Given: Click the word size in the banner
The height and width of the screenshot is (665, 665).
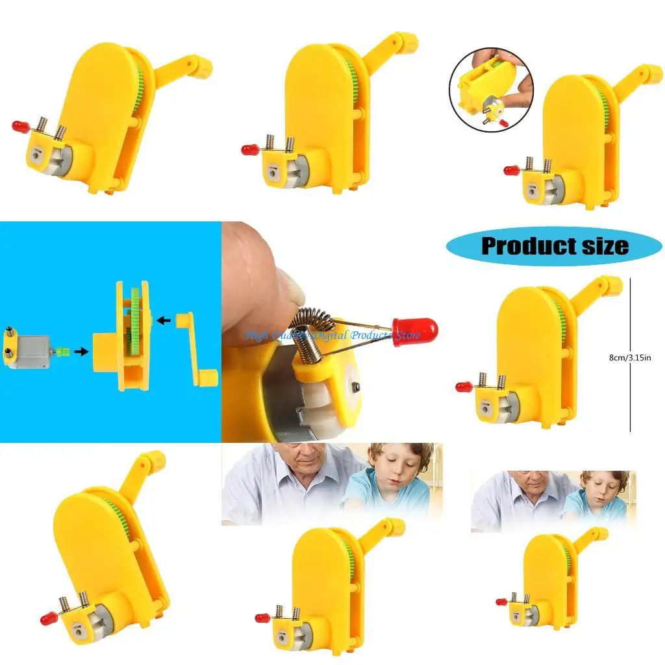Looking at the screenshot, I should pyautogui.click(x=601, y=246).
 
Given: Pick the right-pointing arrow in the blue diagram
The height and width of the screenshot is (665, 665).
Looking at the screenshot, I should pyautogui.click(x=82, y=351).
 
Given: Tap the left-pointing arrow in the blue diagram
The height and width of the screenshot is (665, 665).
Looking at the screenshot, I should pyautogui.click(x=165, y=320).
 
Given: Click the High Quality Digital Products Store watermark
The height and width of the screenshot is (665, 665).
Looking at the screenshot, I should pyautogui.click(x=332, y=336).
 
